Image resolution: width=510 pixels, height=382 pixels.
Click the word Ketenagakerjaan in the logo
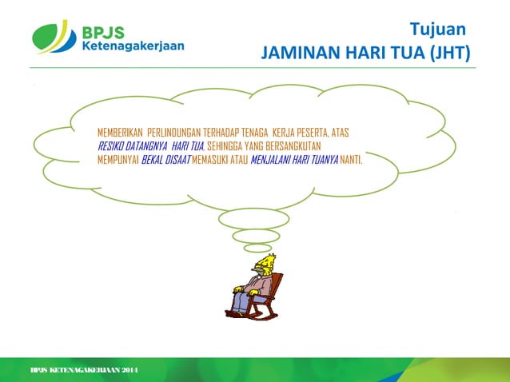(133, 46)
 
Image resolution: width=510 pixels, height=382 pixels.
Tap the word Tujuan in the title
(437, 30)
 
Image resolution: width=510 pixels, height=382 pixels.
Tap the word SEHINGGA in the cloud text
(227, 145)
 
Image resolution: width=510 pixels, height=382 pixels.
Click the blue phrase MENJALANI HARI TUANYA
(294, 159)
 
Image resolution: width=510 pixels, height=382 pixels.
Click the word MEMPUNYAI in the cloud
(118, 159)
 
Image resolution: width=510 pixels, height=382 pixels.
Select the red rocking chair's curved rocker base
(254, 311)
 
